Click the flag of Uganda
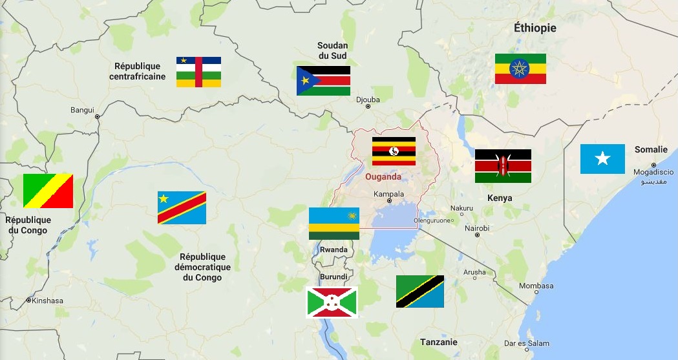(x=394, y=151)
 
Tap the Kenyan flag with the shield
(x=503, y=166)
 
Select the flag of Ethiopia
(x=520, y=69)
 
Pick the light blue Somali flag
(x=602, y=159)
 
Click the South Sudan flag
(x=323, y=81)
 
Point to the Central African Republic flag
(x=198, y=72)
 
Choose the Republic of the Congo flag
(x=48, y=191)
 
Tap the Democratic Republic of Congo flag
(x=182, y=207)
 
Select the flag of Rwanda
(x=334, y=224)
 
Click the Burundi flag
(x=332, y=302)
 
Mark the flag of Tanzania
(x=419, y=291)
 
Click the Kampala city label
(x=389, y=194)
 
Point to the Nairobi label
(x=476, y=228)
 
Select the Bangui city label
(x=82, y=110)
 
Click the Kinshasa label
(x=48, y=301)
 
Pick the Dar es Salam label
(x=508, y=343)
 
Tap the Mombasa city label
(x=536, y=286)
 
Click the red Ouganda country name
(x=383, y=177)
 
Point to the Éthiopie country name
(x=535, y=28)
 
